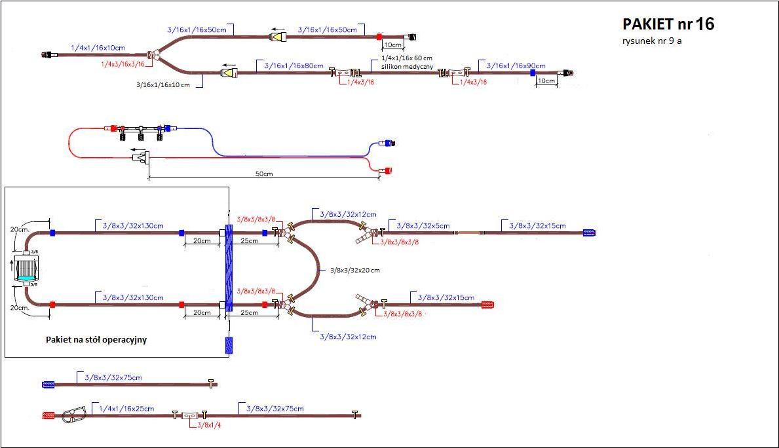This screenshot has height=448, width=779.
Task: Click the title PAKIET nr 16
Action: click(x=668, y=25)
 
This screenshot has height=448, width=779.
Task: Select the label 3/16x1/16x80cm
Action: click(x=294, y=66)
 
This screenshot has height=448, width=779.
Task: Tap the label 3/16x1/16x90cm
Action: click(x=516, y=66)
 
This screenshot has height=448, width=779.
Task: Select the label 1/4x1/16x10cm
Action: click(x=98, y=48)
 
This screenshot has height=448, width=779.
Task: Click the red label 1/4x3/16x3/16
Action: click(x=123, y=64)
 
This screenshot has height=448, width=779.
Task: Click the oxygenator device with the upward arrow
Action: click(x=28, y=269)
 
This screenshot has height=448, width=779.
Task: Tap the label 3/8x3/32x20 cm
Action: click(x=354, y=270)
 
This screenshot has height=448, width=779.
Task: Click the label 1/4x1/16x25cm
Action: click(x=126, y=409)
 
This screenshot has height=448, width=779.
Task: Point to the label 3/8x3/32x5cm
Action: click(x=424, y=226)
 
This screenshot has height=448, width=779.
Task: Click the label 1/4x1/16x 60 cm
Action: click(x=406, y=58)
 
